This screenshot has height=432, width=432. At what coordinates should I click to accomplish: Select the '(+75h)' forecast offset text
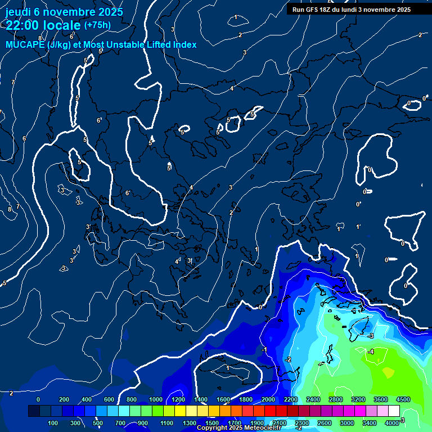pos(97,25)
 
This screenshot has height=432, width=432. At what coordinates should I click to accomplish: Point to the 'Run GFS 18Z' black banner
pos(351,10)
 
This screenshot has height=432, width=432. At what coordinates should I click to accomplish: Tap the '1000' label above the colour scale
pos(155,399)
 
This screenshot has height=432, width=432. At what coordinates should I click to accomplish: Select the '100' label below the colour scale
pos(53,423)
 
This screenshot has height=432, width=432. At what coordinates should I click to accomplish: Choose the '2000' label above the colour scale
pos(268,399)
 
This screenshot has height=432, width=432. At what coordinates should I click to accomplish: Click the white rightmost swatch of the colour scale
pos(394,411)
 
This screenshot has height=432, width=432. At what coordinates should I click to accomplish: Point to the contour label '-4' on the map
pos(371,352)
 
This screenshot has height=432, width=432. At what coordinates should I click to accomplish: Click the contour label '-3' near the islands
pos(371,335)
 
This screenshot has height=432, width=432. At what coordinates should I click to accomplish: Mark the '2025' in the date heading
pos(111,11)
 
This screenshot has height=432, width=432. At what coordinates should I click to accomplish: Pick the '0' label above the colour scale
pos(38,399)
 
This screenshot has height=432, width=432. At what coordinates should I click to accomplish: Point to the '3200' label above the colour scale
pos(358,399)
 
